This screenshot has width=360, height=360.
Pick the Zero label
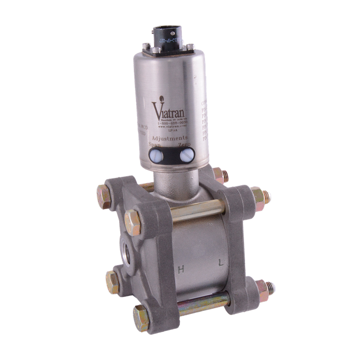pos(185,145)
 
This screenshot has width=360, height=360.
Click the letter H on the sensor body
pos(181,269)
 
